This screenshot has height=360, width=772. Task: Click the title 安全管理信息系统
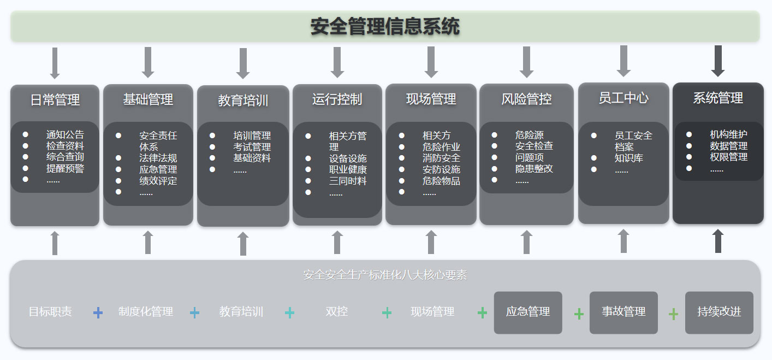click(x=385, y=26)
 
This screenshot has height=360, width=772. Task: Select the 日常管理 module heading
click(x=55, y=100)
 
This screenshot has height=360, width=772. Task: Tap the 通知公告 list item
click(x=65, y=135)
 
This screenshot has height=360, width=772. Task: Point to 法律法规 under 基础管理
click(x=158, y=158)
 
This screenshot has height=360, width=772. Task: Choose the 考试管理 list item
click(x=252, y=147)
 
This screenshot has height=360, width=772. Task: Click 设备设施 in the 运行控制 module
click(x=348, y=158)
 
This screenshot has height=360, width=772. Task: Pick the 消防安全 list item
click(x=441, y=158)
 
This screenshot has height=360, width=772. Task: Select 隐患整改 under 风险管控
click(x=534, y=169)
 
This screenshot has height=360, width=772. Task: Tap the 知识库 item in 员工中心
click(x=628, y=158)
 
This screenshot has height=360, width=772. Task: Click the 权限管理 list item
click(x=728, y=157)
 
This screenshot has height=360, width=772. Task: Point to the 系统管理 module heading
click(x=718, y=98)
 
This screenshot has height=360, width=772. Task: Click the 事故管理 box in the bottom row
click(x=623, y=312)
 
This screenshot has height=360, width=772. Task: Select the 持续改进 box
click(x=719, y=312)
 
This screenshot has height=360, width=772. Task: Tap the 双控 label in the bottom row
click(x=336, y=312)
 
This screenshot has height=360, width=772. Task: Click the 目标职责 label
click(x=50, y=312)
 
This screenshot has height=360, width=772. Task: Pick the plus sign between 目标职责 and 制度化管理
click(x=98, y=312)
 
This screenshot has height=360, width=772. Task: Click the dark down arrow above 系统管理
click(x=718, y=61)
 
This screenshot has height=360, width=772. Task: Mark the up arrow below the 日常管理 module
click(x=55, y=243)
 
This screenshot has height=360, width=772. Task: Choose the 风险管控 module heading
click(x=526, y=99)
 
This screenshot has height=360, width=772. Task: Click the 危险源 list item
click(x=529, y=135)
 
